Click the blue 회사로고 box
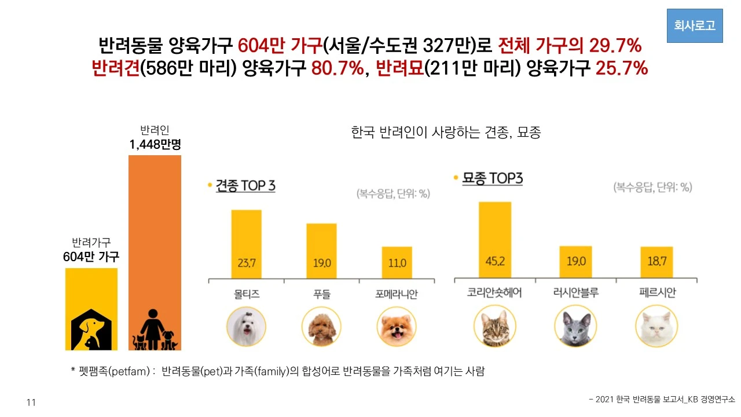pos(695,26)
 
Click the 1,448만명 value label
pos(155,144)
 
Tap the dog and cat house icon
pos(91,331)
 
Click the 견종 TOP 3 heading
pos(245,186)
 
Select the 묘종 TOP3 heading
pos(492,178)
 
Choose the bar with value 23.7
pos(246,245)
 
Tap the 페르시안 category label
pos(656,293)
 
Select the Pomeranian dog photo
pos(397,327)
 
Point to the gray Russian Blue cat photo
pos(575,327)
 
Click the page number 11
pos(31,403)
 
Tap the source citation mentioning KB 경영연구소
pos(661,400)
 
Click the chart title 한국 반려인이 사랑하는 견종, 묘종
pos(446,133)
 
